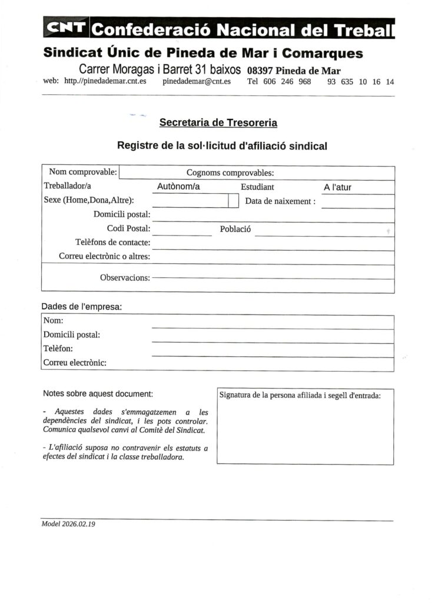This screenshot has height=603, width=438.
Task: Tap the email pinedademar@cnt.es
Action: pos(197,82)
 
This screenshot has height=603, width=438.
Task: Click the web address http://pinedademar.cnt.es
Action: pos(105,82)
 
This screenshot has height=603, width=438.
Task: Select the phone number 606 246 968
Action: pos(287,82)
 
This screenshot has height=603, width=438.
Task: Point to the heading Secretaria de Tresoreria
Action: pos(218,123)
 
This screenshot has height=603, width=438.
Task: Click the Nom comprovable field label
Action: pos(83,173)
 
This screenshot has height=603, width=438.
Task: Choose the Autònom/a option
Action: pos(179,187)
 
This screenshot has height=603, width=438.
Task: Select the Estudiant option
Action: pos(257,187)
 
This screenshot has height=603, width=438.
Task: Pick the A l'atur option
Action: pos(338,188)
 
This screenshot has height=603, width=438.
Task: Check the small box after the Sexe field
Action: pos(232,201)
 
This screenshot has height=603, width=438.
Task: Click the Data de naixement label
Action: pos(280,201)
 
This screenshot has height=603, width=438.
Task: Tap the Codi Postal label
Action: pos(128,228)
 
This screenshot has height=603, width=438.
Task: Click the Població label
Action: pos(235,229)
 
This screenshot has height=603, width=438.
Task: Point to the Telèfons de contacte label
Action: pos(113,242)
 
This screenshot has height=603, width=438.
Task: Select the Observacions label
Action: pos(125,277)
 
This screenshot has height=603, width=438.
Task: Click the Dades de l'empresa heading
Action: pos(82,307)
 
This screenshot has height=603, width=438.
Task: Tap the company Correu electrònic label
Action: pos(75,363)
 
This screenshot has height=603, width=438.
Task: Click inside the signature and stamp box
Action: pos(305,433)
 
